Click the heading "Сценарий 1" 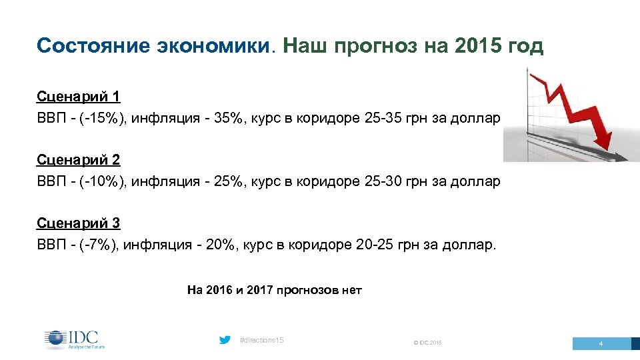pyautogui.click(x=79, y=97)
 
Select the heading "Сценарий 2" pyautogui.click(x=79, y=160)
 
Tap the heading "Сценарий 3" pyautogui.click(x=79, y=223)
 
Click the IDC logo pyautogui.click(x=75, y=339)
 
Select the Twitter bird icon pyautogui.click(x=225, y=340)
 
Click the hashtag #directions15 pyautogui.click(x=261, y=341)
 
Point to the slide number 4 pyautogui.click(x=601, y=344)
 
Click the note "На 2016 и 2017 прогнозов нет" pyautogui.click(x=275, y=290)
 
